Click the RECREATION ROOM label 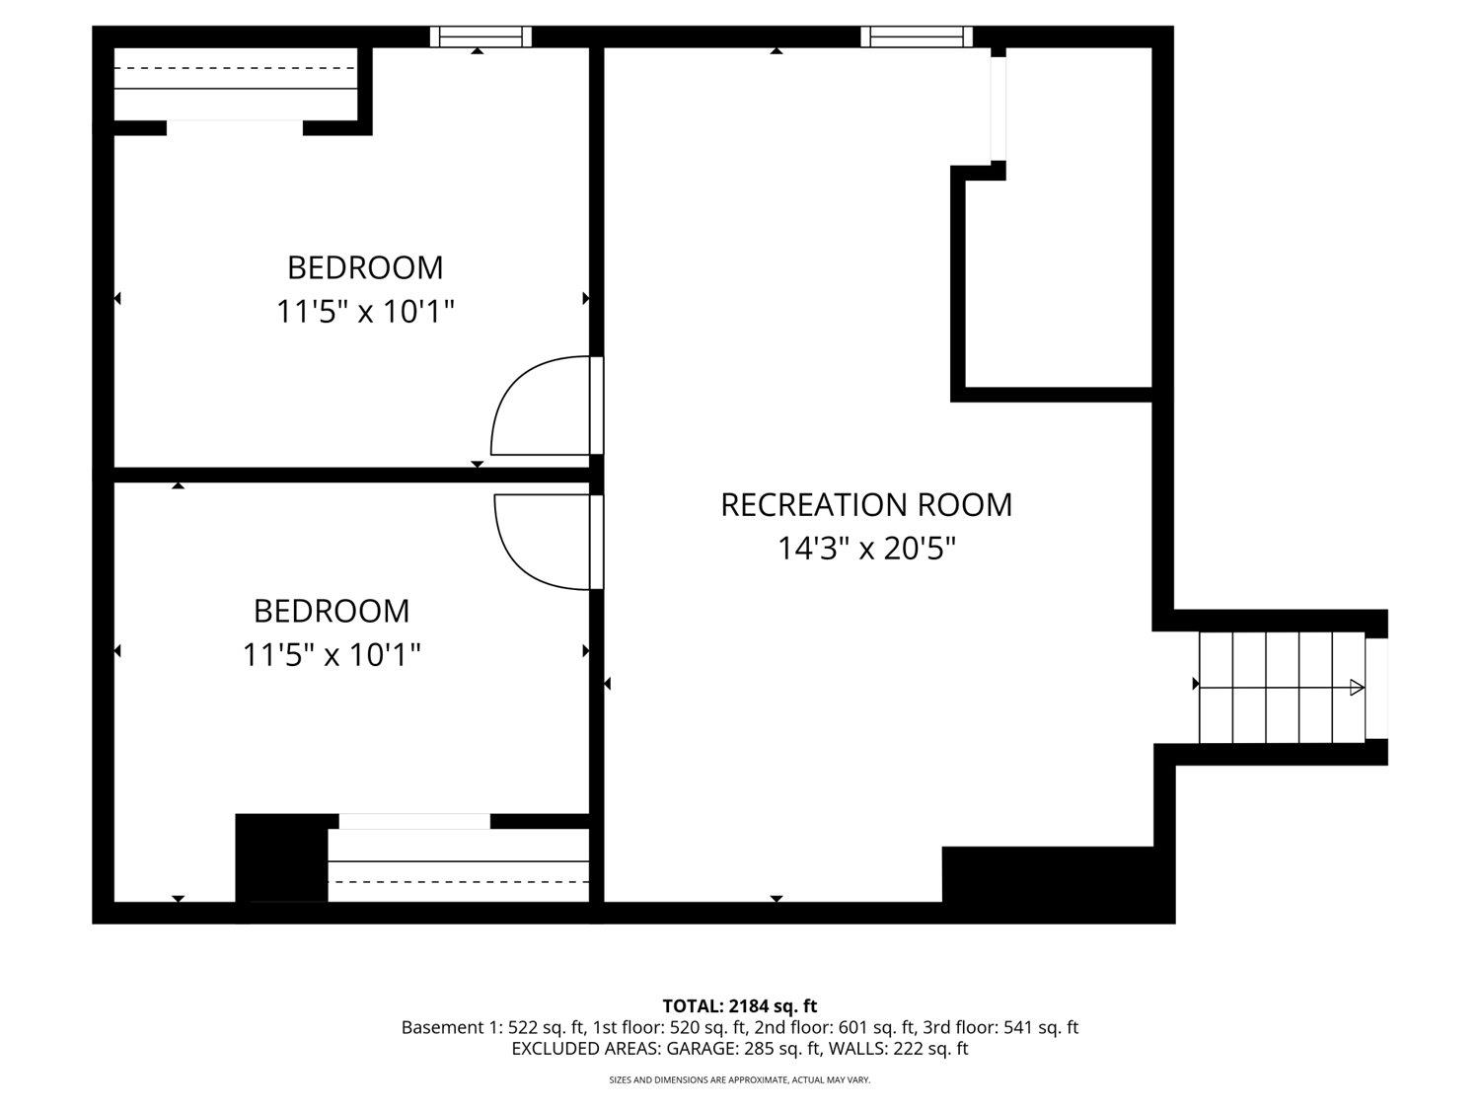tap(865, 505)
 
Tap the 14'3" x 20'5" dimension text tap(866, 549)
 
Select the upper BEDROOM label tap(365, 267)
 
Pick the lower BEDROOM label tap(332, 612)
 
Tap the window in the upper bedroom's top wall tap(481, 37)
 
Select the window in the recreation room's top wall tap(917, 37)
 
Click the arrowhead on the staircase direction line tap(1357, 688)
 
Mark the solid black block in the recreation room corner tap(1057, 875)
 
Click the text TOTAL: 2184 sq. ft tap(740, 1006)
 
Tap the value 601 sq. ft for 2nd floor tap(876, 1028)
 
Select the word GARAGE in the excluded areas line tap(703, 1049)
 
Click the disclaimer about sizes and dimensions tap(740, 1080)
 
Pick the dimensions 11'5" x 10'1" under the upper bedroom tap(365, 312)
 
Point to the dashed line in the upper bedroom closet tap(234, 68)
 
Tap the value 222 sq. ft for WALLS tap(930, 1049)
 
